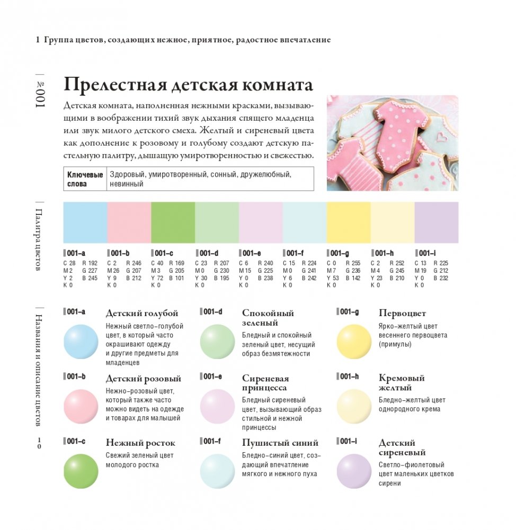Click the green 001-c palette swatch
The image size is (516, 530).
click(x=173, y=222)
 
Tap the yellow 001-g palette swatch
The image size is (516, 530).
click(x=348, y=222)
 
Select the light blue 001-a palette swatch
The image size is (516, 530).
click(x=85, y=222)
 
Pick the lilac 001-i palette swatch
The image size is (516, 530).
click(x=436, y=222)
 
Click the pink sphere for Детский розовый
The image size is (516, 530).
click(x=81, y=406)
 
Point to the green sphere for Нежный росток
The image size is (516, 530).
click(x=81, y=471)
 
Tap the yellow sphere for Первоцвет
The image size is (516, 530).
click(x=354, y=342)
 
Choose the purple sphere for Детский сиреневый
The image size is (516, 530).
click(x=354, y=471)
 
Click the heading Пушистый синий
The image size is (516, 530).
click(x=280, y=443)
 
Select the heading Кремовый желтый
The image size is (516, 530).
click(x=402, y=383)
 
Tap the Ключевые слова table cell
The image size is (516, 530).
click(x=85, y=179)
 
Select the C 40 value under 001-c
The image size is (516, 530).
click(x=157, y=263)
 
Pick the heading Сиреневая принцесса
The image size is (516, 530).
click(x=265, y=383)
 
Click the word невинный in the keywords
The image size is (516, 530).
click(x=127, y=184)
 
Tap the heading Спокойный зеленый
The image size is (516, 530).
click(x=268, y=318)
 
